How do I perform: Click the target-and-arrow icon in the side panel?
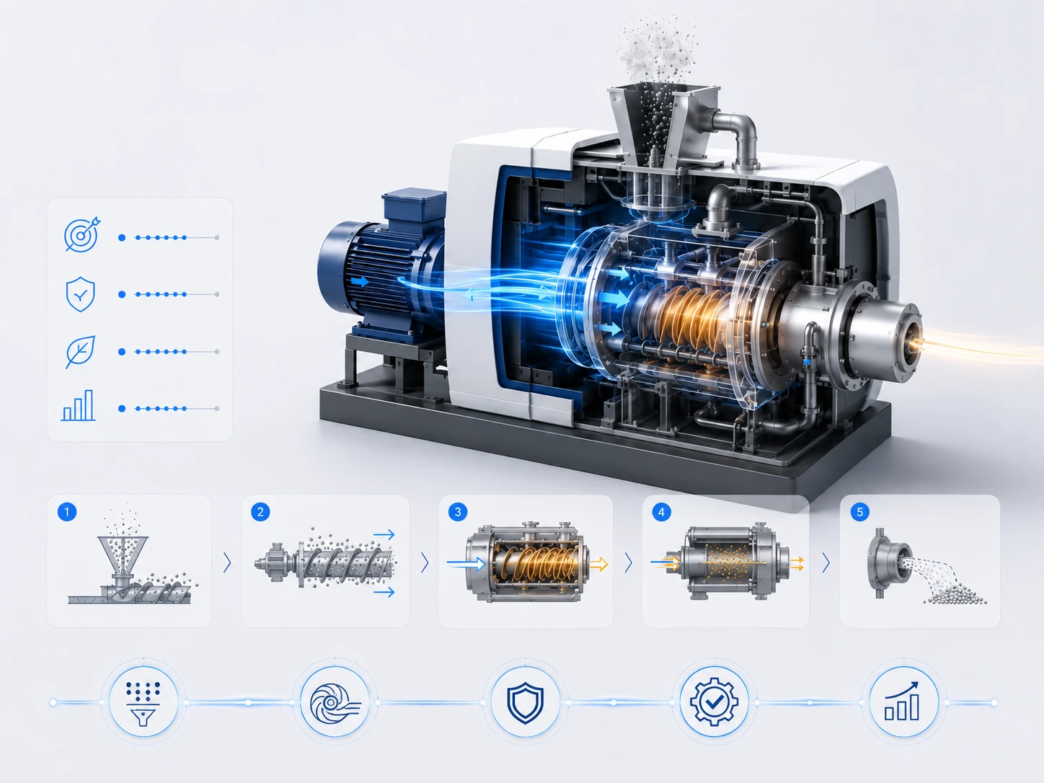[x=81, y=234]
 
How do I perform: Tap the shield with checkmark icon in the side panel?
[x=80, y=294]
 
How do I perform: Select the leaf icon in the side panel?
[x=80, y=352]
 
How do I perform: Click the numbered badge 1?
[x=67, y=511]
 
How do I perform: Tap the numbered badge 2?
[x=260, y=511]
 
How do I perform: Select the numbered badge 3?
[x=458, y=511]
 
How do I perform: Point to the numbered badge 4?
[x=661, y=511]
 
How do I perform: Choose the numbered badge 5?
[x=859, y=511]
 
